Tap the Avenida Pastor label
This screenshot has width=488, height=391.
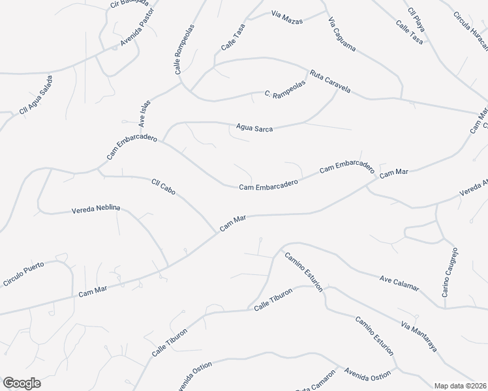pos(136,36)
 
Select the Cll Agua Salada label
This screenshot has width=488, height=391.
pos(36,95)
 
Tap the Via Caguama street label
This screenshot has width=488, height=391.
pos(341,36)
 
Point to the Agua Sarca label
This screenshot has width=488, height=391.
pos(254,128)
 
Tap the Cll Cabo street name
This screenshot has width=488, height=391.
pos(164,187)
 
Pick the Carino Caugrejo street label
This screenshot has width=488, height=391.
pos(450,272)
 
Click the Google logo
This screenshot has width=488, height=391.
pos(22,383)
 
